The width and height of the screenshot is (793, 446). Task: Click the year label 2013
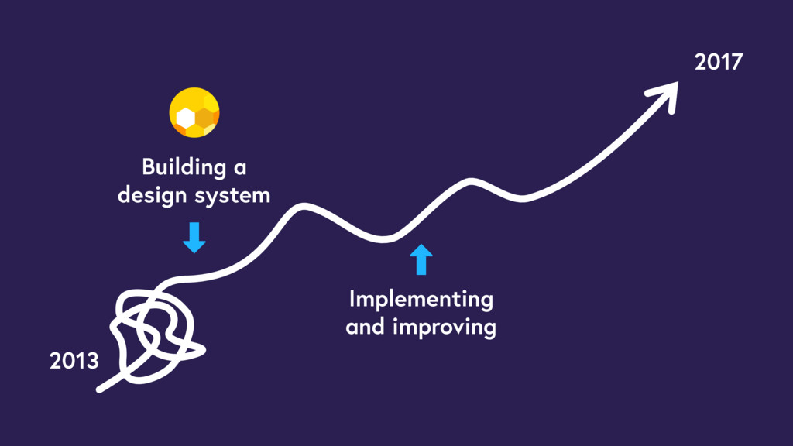click(74, 361)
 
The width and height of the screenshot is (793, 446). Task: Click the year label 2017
click(718, 63)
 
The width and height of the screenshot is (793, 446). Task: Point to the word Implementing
click(421, 300)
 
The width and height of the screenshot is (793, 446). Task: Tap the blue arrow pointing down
click(194, 238)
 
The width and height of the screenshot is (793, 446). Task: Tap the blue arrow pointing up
click(421, 259)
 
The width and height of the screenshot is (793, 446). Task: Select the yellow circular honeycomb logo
click(194, 113)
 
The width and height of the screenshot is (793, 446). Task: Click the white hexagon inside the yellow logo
click(185, 118)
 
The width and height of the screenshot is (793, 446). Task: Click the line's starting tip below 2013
click(100, 389)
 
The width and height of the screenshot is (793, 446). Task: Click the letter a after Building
click(241, 168)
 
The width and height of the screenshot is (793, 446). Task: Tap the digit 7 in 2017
click(736, 63)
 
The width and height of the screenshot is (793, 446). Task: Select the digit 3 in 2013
click(92, 361)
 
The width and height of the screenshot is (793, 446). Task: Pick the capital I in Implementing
click(352, 299)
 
